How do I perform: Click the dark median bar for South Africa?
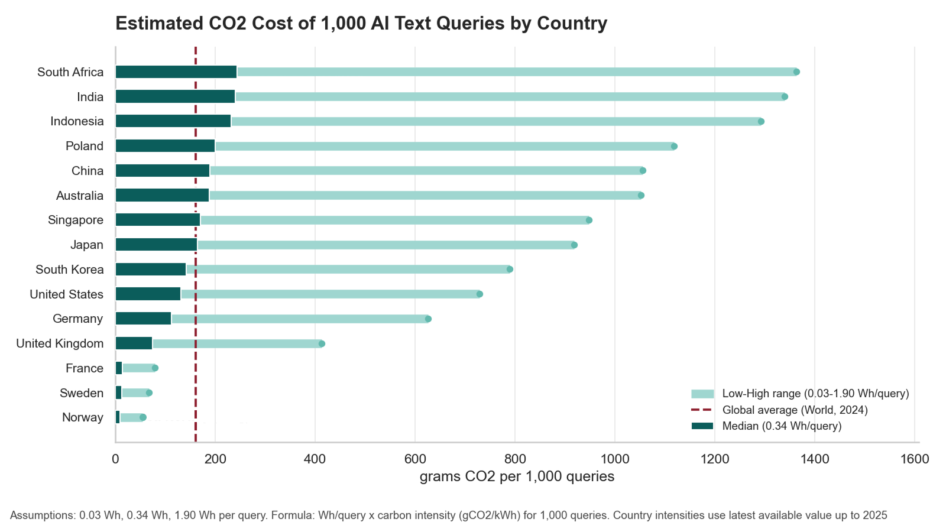tap(176, 72)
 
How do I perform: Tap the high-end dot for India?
tap(785, 97)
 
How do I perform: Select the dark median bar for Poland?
tap(165, 146)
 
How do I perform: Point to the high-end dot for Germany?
tap(428, 319)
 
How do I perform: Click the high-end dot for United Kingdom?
tap(322, 344)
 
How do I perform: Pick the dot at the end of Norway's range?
tap(142, 418)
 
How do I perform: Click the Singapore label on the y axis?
tap(76, 220)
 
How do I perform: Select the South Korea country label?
tap(69, 270)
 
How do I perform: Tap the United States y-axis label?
tap(66, 294)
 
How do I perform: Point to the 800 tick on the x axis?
tap(515, 459)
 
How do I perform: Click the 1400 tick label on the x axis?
tap(815, 459)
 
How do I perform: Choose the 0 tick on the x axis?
tap(115, 459)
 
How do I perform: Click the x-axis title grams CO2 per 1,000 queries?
tap(517, 476)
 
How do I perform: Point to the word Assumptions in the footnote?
tap(42, 515)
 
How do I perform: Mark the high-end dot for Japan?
tap(574, 245)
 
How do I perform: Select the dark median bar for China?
tap(162, 171)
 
